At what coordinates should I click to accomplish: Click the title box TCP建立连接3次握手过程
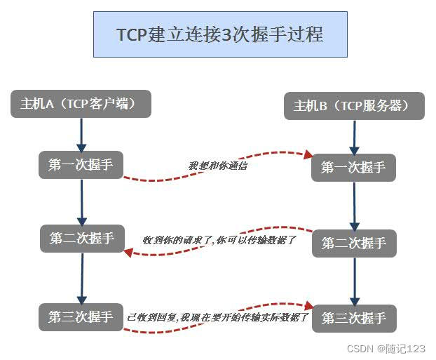tap(219, 34)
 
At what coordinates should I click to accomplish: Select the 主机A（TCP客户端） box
tap(81, 104)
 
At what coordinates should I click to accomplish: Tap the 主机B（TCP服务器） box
tap(353, 106)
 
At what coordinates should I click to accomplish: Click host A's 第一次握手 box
tap(81, 165)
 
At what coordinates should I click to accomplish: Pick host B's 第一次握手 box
tap(354, 167)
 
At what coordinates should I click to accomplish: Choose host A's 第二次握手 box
tap(82, 238)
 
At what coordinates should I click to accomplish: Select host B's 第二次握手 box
tap(354, 243)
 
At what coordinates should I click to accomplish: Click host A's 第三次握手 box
tap(81, 316)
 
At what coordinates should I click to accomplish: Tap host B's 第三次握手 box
tap(354, 318)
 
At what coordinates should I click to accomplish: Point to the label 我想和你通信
tap(217, 166)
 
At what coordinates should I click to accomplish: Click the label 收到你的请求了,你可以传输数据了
tap(219, 240)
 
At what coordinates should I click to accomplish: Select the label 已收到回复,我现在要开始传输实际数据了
tap(218, 318)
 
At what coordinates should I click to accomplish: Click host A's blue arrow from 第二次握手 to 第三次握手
tap(82, 277)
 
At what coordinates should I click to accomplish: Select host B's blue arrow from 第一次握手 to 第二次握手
tap(354, 205)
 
